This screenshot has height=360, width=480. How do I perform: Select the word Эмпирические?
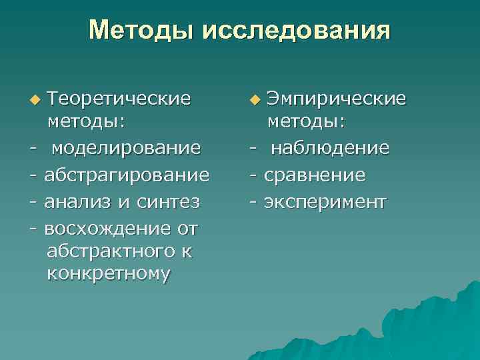pos(336,99)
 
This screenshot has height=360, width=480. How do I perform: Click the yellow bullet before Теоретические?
pos(35,101)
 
